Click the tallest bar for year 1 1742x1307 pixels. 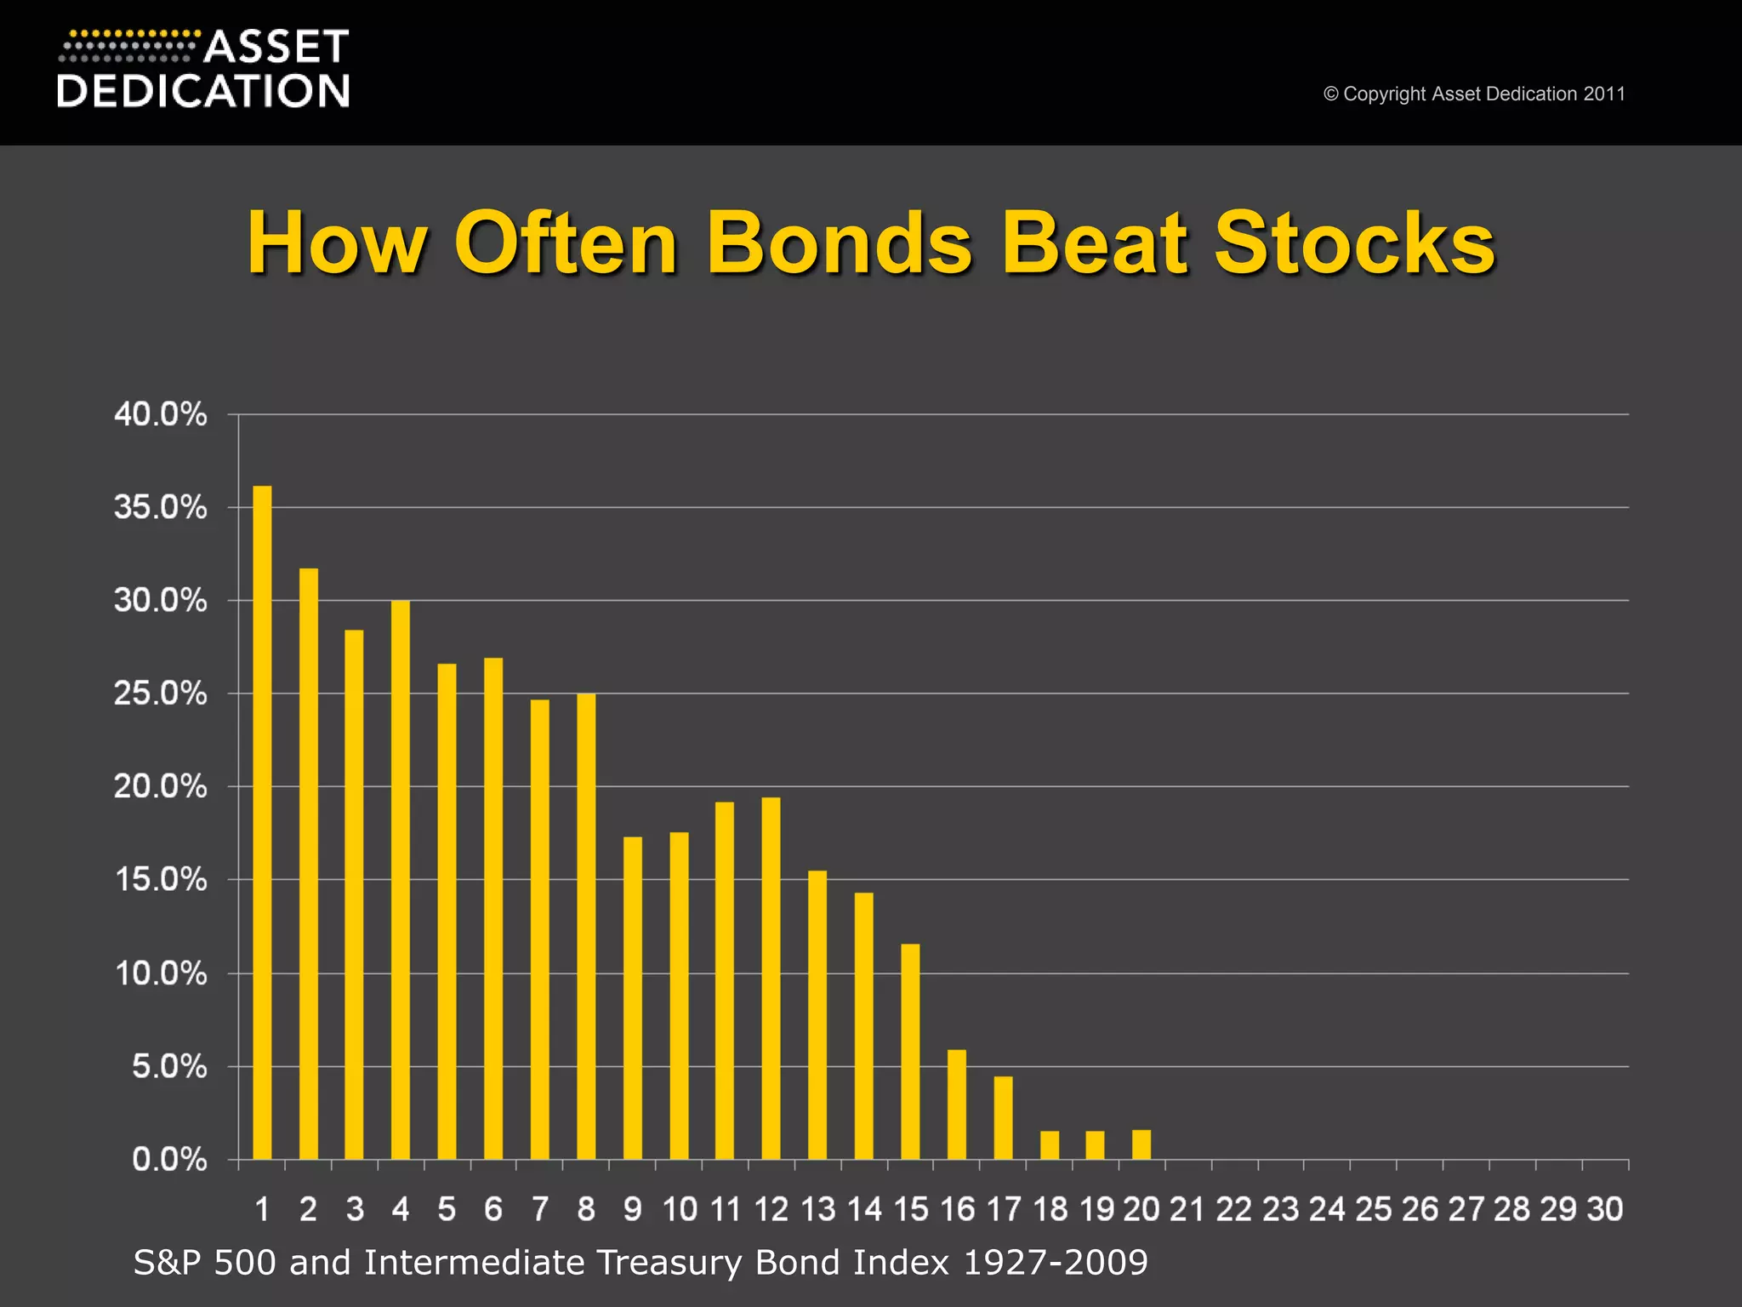point(262,821)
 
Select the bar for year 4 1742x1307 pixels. point(401,879)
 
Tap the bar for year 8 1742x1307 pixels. point(586,926)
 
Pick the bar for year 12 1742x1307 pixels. point(771,978)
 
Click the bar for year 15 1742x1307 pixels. point(910,1051)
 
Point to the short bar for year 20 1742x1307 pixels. point(1141,1144)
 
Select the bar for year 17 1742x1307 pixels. point(1003,1117)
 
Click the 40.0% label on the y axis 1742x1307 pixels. point(160,414)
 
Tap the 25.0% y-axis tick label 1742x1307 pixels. point(160,693)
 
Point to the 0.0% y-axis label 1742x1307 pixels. point(169,1159)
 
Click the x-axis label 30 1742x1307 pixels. point(1604,1209)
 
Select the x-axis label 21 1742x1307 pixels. point(1187,1209)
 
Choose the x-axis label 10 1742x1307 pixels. point(680,1209)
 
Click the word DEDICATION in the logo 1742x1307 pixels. point(203,90)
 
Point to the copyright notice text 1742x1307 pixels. point(1474,94)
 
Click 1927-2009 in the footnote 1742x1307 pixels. point(1055,1262)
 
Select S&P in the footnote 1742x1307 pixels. point(167,1262)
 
